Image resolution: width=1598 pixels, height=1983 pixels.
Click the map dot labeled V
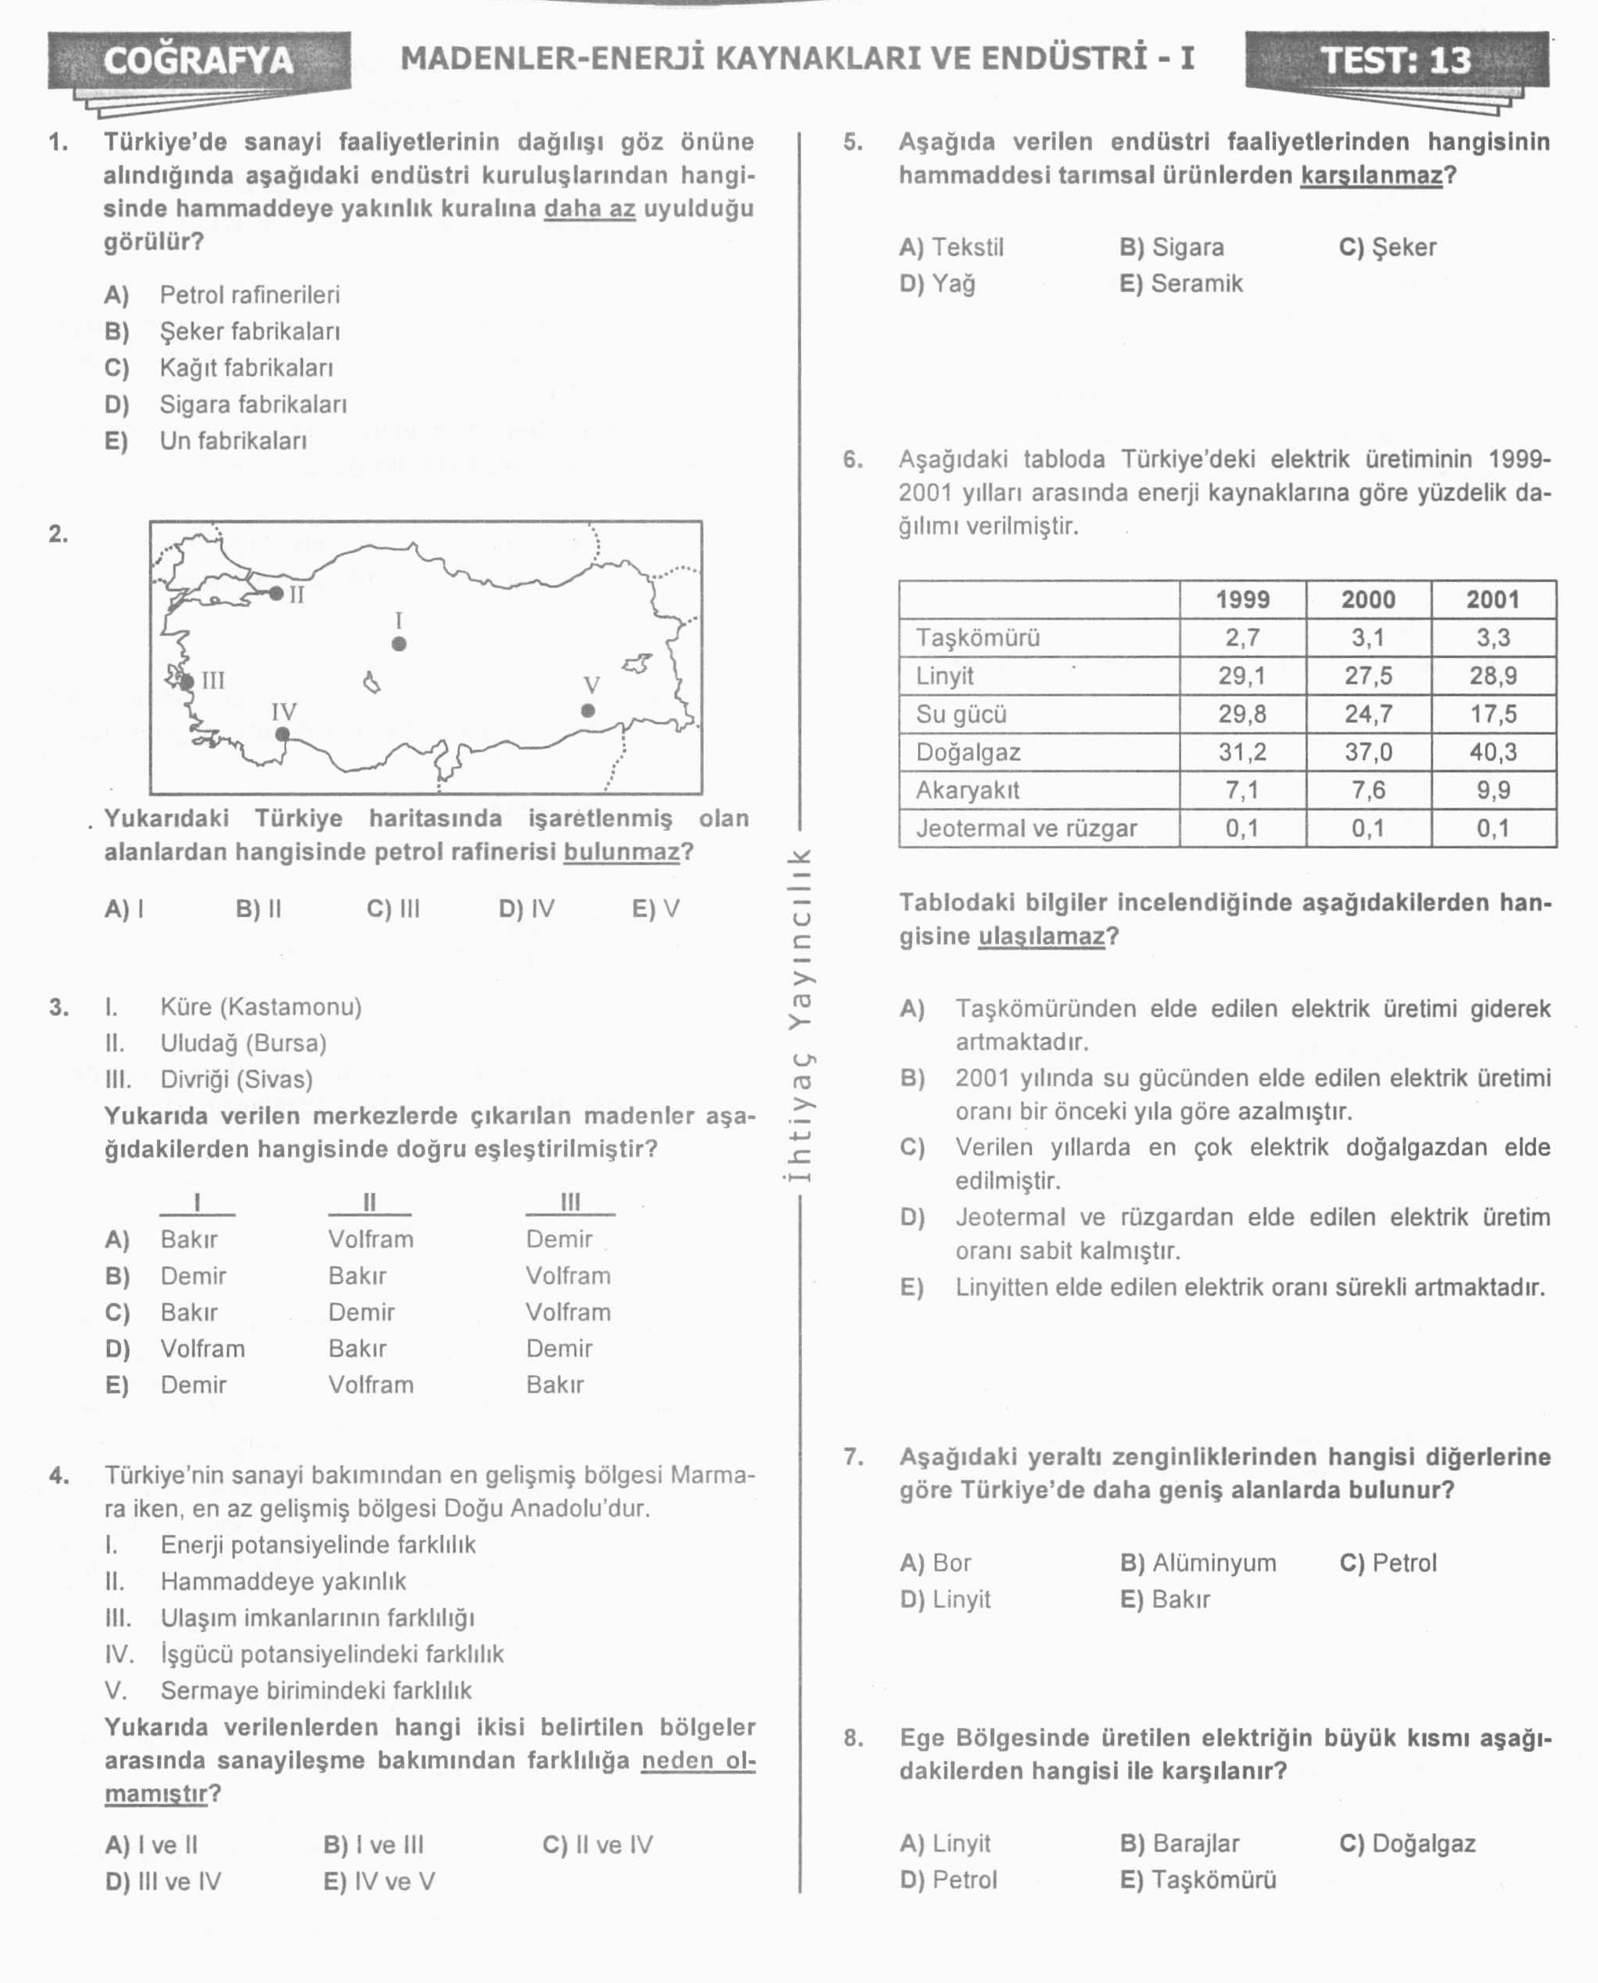click(x=588, y=710)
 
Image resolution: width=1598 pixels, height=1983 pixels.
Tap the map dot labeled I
click(x=399, y=643)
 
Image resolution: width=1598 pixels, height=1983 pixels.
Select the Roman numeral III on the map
click(x=213, y=680)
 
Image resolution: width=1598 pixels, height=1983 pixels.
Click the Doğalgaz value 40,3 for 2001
click(x=1492, y=752)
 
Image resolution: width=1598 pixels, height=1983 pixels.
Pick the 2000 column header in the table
click(x=1368, y=599)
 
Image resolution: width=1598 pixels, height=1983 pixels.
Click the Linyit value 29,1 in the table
click(x=1241, y=675)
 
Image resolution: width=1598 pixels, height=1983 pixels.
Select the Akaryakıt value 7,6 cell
click(x=1368, y=790)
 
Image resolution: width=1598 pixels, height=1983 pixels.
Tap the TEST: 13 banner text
click(x=1395, y=60)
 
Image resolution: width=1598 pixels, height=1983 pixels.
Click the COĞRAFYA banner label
click(x=199, y=60)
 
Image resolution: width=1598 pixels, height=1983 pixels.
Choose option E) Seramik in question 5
click(x=1181, y=284)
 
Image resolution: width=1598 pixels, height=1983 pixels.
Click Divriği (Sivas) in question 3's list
click(x=236, y=1079)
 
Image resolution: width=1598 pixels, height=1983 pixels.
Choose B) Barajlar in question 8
click(x=1179, y=1843)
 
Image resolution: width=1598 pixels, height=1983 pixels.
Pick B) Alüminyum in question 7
click(x=1198, y=1562)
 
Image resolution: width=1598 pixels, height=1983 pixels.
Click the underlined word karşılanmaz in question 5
click(x=1370, y=175)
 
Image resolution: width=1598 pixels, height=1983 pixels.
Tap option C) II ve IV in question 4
click(x=598, y=1844)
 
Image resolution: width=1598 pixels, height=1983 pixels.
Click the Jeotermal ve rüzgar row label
click(x=1026, y=829)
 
